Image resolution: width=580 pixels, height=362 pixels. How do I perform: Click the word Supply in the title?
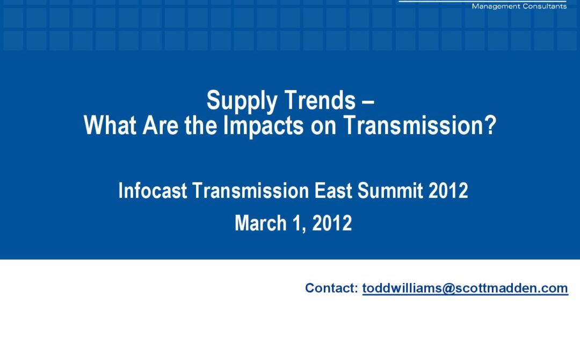[242, 101]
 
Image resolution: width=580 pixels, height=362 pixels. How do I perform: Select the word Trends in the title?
[320, 100]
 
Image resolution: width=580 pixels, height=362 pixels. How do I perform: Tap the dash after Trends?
[368, 101]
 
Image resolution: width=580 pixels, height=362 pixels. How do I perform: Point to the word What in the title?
[110, 125]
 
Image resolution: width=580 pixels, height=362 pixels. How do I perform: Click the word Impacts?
[264, 126]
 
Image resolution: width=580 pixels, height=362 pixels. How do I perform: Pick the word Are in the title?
[160, 125]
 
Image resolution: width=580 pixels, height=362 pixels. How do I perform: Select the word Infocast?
[153, 190]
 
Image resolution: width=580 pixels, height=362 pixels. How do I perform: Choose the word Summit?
[390, 190]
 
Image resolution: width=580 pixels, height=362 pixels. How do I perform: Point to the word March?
[260, 223]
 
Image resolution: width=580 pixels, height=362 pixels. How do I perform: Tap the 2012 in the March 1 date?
[332, 223]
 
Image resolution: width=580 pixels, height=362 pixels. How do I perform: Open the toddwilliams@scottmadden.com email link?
[465, 289]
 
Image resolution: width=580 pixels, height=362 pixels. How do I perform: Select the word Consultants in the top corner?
[545, 6]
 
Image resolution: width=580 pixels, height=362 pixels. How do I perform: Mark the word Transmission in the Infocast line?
[250, 190]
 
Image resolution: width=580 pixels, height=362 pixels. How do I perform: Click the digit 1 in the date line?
[297, 223]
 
